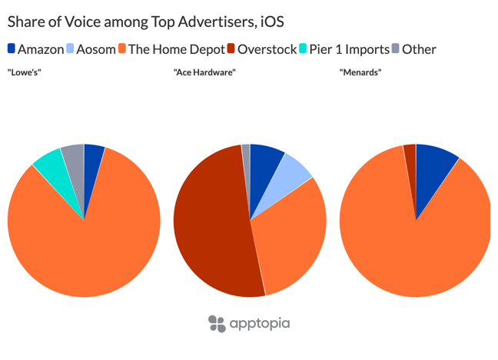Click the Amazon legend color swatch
click(12, 49)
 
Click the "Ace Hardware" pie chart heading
click(204, 72)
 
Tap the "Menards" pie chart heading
click(360, 72)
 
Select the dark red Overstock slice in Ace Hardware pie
click(207, 231)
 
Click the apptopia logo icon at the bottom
click(217, 323)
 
